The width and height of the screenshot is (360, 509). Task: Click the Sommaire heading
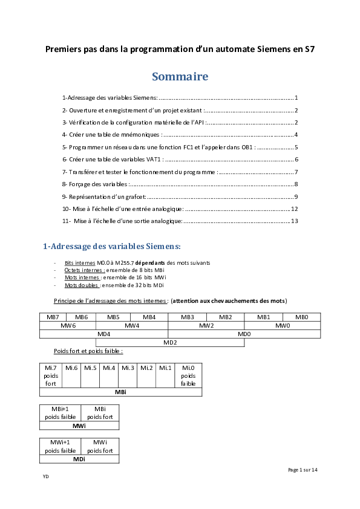click(180, 77)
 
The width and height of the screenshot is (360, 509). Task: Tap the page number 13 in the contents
click(295, 221)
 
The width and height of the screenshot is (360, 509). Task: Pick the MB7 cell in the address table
click(53, 317)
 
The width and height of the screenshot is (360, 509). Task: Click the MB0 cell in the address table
click(301, 317)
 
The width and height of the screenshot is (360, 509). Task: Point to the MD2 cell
click(170, 343)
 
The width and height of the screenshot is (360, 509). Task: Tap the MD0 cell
click(244, 334)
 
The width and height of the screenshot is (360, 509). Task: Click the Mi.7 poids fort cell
click(51, 375)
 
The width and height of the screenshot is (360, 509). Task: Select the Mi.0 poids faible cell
click(188, 375)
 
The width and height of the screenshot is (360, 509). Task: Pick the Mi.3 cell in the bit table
click(128, 368)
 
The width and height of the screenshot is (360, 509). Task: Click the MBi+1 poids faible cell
click(60, 413)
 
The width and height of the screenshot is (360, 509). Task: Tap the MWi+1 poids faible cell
click(60, 447)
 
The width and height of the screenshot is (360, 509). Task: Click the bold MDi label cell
click(79, 459)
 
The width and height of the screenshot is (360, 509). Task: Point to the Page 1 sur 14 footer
click(303, 470)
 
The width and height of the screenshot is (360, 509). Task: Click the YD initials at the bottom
click(45, 476)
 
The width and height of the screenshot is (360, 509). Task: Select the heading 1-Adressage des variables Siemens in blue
click(111, 246)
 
